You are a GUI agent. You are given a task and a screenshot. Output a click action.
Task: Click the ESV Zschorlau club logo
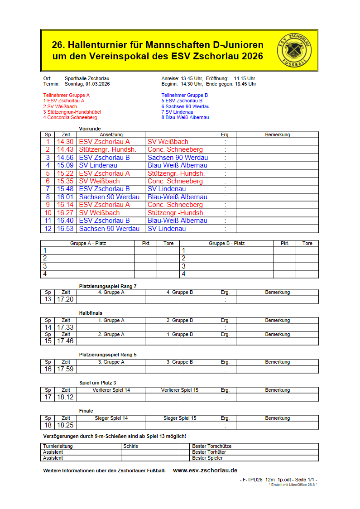click(294, 50)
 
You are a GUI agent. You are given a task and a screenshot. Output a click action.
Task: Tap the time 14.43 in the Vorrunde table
click(65, 149)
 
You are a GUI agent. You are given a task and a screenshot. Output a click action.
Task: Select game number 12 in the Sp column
click(48, 229)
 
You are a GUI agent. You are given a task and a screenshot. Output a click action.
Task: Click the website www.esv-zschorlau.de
click(205, 471)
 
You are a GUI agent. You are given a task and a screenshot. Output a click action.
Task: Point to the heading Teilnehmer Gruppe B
click(184, 95)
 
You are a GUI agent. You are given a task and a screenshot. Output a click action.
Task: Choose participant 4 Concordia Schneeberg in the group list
click(70, 118)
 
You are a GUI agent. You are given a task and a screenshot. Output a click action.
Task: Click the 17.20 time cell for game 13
click(65, 299)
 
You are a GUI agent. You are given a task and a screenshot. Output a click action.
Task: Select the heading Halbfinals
click(91, 313)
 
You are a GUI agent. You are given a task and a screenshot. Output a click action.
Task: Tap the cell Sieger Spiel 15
click(180, 418)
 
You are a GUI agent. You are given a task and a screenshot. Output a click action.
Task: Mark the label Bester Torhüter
click(209, 452)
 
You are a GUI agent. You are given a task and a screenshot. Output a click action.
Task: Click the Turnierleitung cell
click(58, 446)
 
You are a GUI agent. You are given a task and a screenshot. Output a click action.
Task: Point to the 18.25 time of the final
click(65, 425)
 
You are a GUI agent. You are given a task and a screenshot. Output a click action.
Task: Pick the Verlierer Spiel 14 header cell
click(111, 390)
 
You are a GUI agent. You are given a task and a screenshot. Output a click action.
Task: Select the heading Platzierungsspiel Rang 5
click(108, 355)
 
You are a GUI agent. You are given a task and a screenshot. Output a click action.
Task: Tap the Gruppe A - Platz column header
click(88, 243)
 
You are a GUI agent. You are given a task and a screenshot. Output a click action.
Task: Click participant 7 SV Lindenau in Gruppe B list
click(177, 112)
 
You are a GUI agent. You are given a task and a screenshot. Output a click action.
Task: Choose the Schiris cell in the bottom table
click(131, 446)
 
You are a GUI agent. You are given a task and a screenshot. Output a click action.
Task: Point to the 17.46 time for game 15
click(65, 341)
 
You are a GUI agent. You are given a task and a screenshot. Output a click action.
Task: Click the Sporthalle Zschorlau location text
click(87, 78)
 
